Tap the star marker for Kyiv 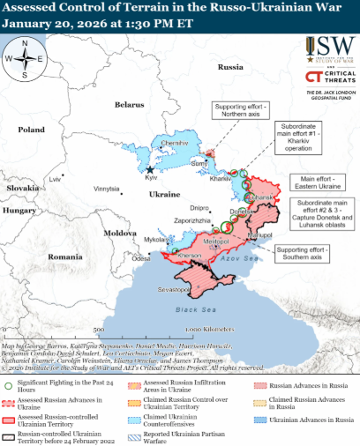[151, 169]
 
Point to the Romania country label [64, 256]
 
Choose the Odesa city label [141, 259]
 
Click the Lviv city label [57, 179]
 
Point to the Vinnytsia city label [106, 189]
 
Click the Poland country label [32, 130]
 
